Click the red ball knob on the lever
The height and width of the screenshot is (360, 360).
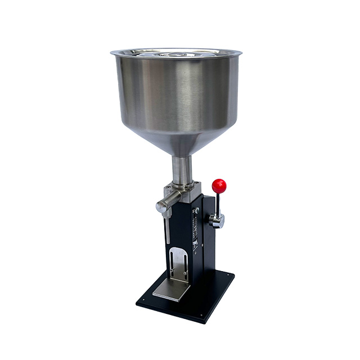click(x=219, y=185)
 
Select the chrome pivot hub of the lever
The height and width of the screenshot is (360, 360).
click(x=217, y=220)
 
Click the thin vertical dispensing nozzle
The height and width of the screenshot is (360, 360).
click(x=168, y=231)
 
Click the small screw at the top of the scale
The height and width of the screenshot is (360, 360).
click(x=197, y=210)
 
